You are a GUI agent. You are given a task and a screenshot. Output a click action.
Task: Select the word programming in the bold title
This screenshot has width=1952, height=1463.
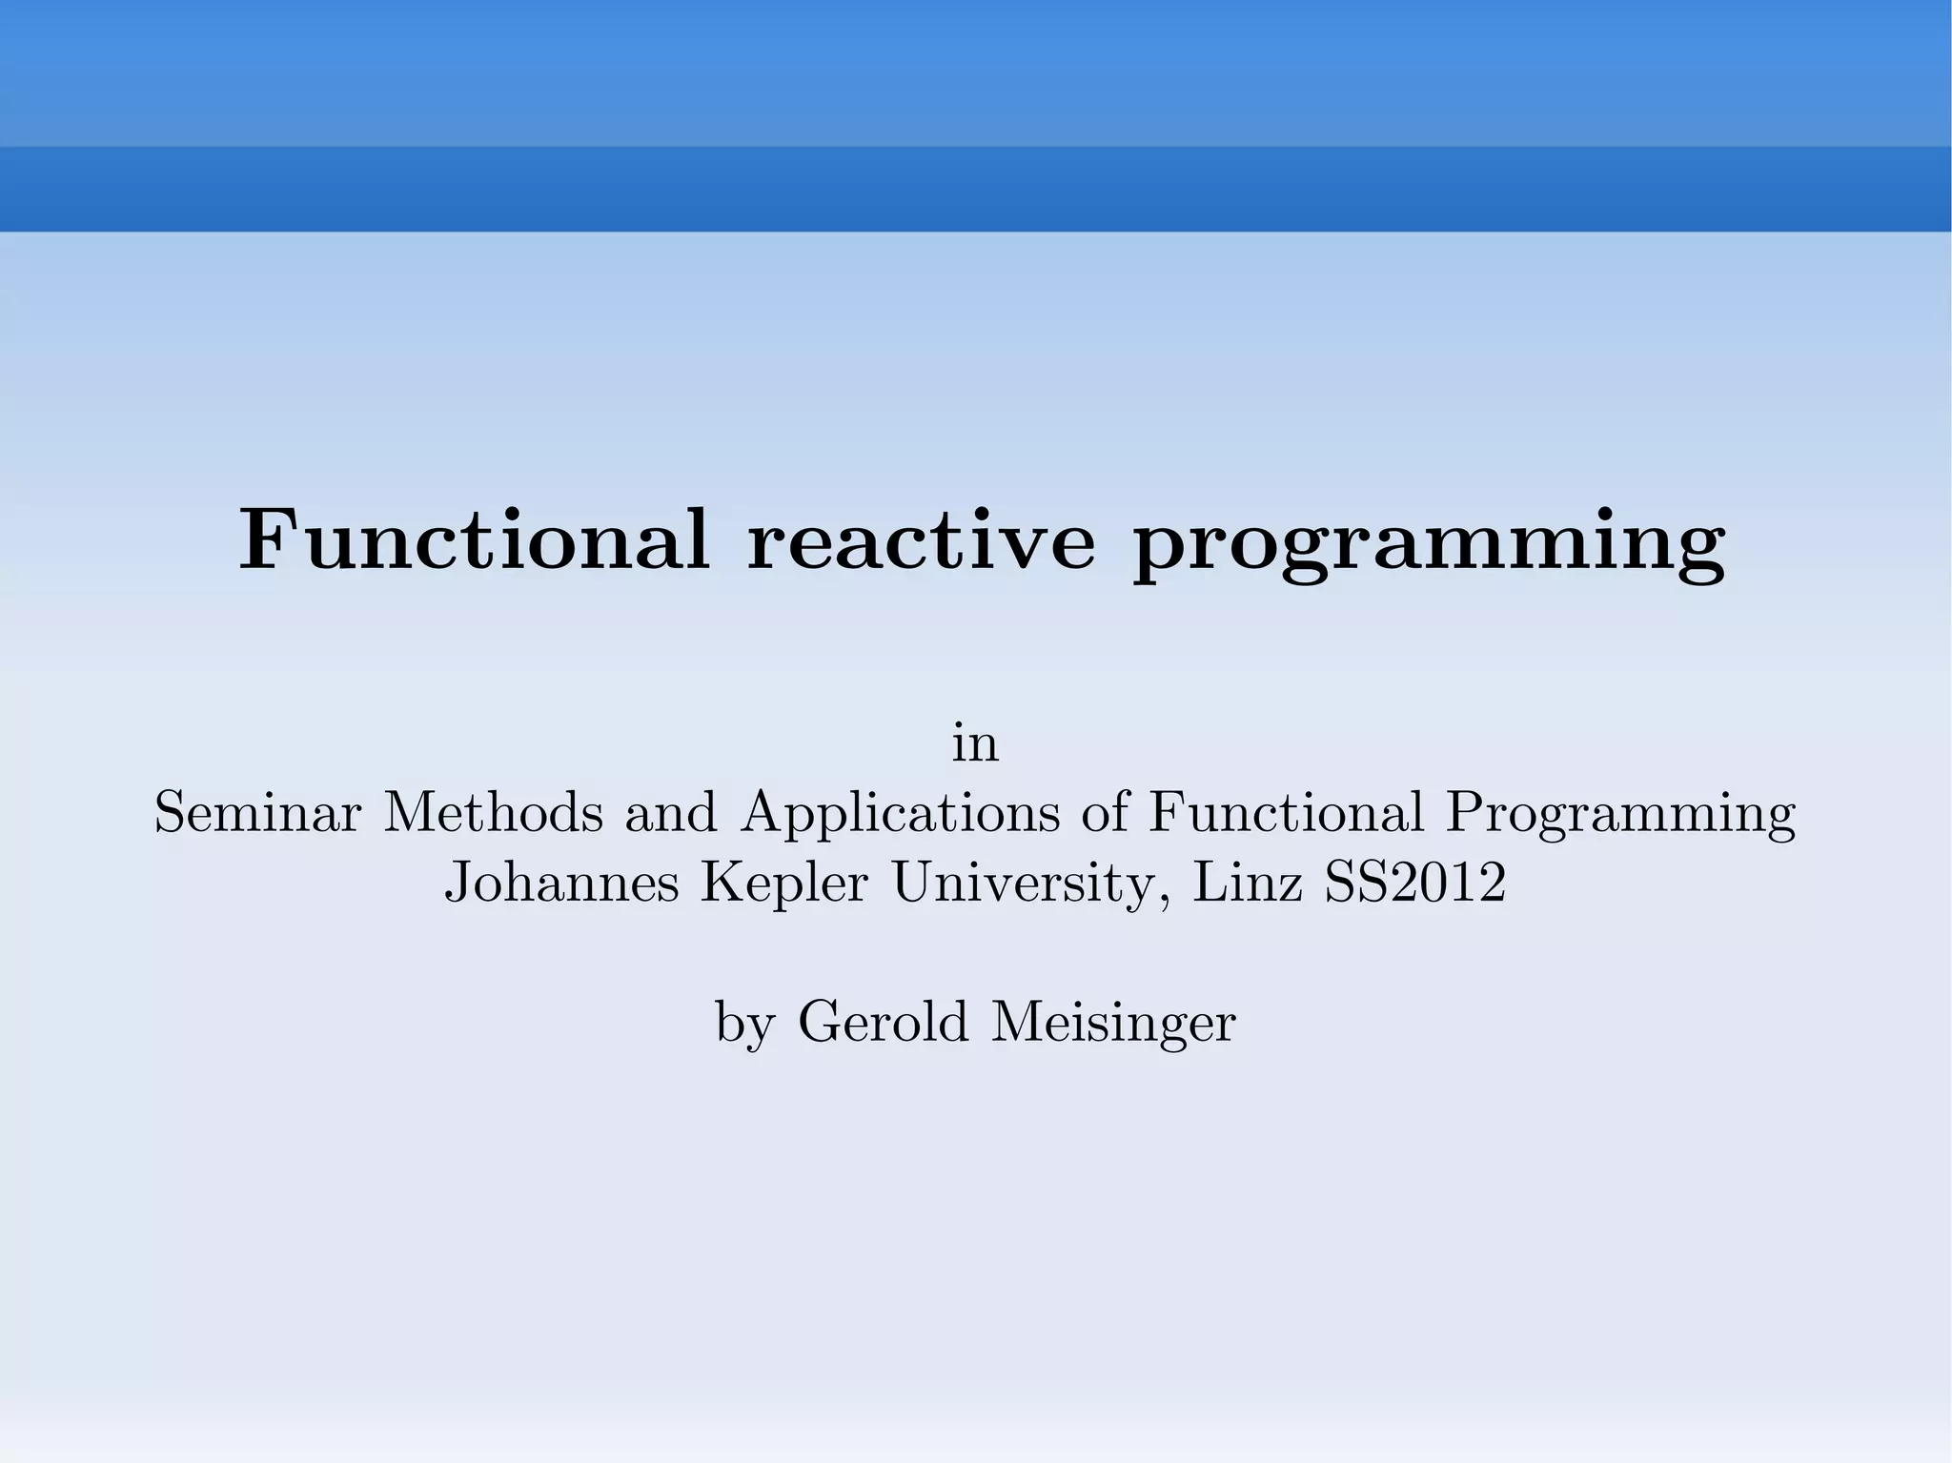(x=1429, y=545)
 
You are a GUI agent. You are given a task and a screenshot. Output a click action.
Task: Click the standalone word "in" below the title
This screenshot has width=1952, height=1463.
(x=975, y=744)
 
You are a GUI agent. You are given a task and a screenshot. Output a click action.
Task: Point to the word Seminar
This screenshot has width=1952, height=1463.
(x=257, y=813)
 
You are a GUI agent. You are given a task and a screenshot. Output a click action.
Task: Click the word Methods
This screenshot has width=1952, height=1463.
(x=493, y=813)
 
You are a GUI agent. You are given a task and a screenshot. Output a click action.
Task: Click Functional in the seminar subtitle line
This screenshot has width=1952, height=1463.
(x=1286, y=813)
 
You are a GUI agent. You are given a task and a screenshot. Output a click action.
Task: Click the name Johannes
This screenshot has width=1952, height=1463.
(x=561, y=883)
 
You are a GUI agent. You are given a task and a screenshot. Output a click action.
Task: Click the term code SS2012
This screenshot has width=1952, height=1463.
(x=1414, y=883)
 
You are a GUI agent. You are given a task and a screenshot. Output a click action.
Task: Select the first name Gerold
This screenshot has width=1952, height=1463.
(x=883, y=1022)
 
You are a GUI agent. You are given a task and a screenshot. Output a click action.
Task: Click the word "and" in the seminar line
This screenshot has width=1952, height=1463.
(x=670, y=813)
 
